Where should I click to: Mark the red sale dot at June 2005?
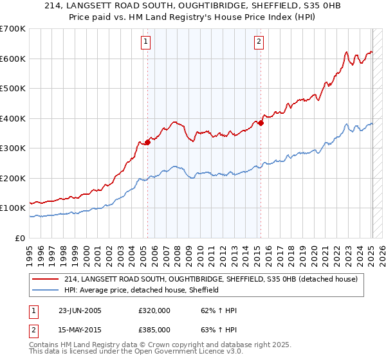[x=147, y=142]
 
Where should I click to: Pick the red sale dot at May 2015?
[x=261, y=123]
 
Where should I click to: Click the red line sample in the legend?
[x=46, y=279]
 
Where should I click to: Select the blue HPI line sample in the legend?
[x=46, y=290]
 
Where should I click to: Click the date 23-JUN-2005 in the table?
[x=80, y=310]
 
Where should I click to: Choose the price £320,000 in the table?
[x=154, y=310]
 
